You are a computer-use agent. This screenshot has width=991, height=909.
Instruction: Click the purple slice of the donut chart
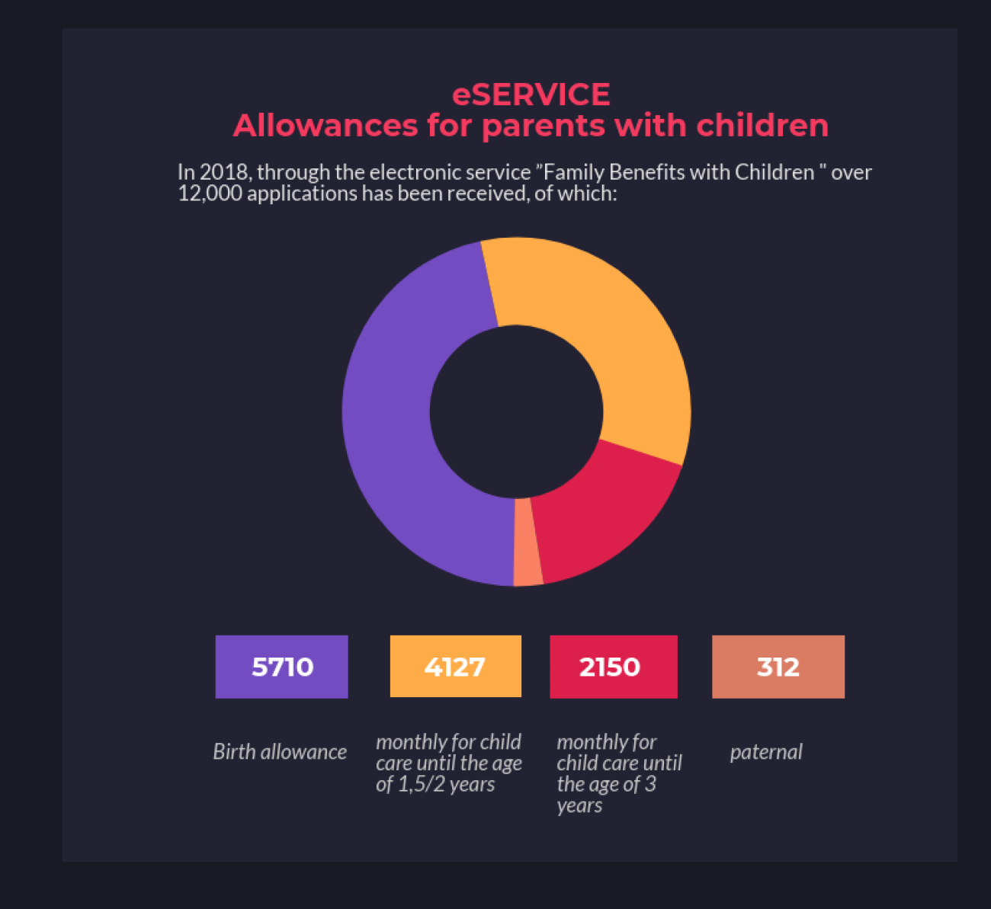[389, 427]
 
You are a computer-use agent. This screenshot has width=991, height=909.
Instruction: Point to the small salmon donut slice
[528, 543]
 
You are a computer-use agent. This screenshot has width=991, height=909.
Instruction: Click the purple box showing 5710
[282, 667]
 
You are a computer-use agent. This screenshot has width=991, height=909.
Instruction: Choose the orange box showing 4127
[455, 667]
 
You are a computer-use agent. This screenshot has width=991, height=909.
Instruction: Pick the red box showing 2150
[613, 667]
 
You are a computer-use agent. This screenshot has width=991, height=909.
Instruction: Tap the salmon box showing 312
[778, 667]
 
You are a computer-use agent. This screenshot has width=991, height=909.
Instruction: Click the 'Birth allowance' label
[280, 752]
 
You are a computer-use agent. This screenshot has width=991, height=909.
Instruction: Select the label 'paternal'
[766, 752]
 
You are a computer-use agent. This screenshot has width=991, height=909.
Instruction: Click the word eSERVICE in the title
[531, 94]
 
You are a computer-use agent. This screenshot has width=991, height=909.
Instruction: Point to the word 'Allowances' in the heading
[326, 126]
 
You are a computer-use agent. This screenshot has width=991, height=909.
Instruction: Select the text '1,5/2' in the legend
[422, 784]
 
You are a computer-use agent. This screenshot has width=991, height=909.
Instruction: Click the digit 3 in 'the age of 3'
[649, 784]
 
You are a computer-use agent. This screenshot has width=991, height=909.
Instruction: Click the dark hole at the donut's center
[516, 411]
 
